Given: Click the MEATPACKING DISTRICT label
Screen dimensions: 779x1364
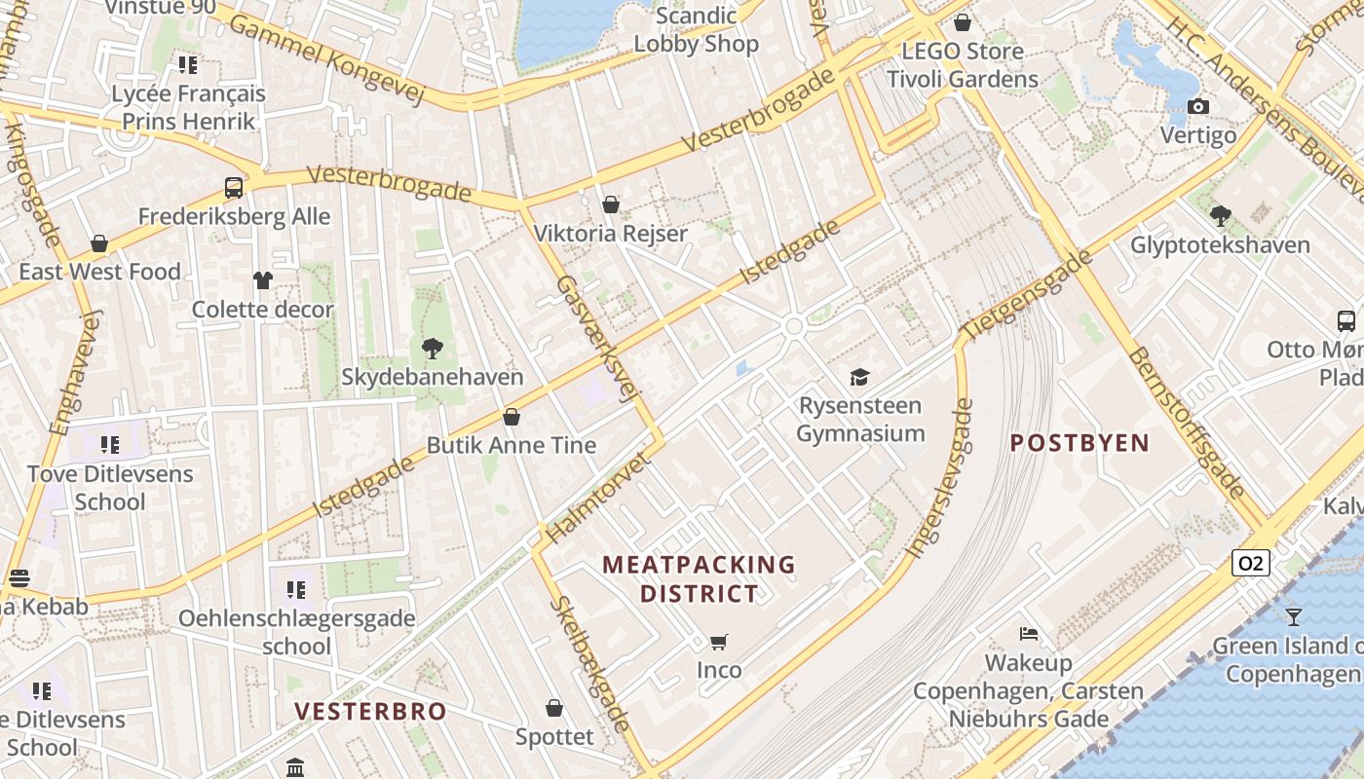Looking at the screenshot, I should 699,578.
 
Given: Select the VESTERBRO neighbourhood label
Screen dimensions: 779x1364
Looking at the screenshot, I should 370,711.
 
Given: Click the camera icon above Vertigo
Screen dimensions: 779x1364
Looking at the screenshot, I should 1198,106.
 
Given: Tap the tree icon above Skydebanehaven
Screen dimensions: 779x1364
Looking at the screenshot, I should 432,347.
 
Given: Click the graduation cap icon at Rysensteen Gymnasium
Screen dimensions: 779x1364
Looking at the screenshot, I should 859,377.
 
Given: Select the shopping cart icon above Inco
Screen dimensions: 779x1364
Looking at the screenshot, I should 719,642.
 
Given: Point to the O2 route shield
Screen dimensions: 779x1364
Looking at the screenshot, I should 1251,563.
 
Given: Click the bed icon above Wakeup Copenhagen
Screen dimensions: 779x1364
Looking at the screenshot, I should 1028,634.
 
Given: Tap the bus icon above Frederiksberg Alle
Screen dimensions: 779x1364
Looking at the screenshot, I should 234,187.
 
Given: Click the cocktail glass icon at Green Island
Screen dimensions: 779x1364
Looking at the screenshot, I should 1293,616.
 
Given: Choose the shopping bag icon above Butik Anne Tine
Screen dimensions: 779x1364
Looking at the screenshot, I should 511,417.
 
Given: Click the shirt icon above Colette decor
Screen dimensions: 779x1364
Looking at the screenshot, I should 262,280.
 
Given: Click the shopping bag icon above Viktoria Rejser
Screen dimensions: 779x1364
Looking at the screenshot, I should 611,204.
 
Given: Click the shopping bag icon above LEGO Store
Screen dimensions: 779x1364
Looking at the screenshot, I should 963,22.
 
